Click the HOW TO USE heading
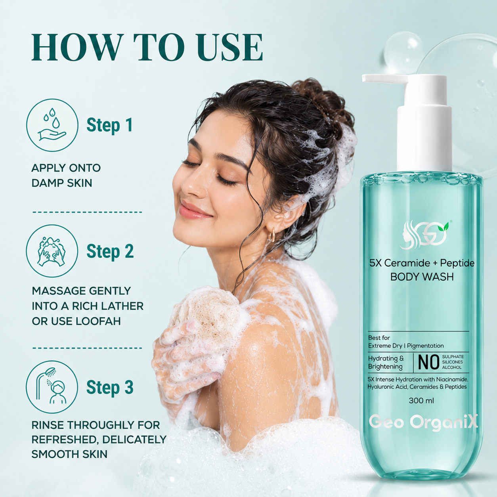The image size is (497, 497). click(x=147, y=48)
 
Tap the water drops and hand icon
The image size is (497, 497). click(x=52, y=125)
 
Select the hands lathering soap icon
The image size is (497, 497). click(x=52, y=251)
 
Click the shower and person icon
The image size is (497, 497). click(x=52, y=387)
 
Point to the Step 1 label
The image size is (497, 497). click(x=110, y=125)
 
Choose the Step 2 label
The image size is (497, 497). click(x=110, y=251)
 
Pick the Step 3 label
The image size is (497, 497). click(x=110, y=387)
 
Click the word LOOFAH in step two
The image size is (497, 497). click(x=98, y=321)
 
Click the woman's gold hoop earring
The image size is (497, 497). click(x=272, y=235)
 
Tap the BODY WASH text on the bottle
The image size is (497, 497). click(x=422, y=277)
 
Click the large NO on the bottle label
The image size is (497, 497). click(x=428, y=362)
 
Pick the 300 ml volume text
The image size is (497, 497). click(x=421, y=401)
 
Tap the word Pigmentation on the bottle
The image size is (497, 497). click(x=425, y=346)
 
